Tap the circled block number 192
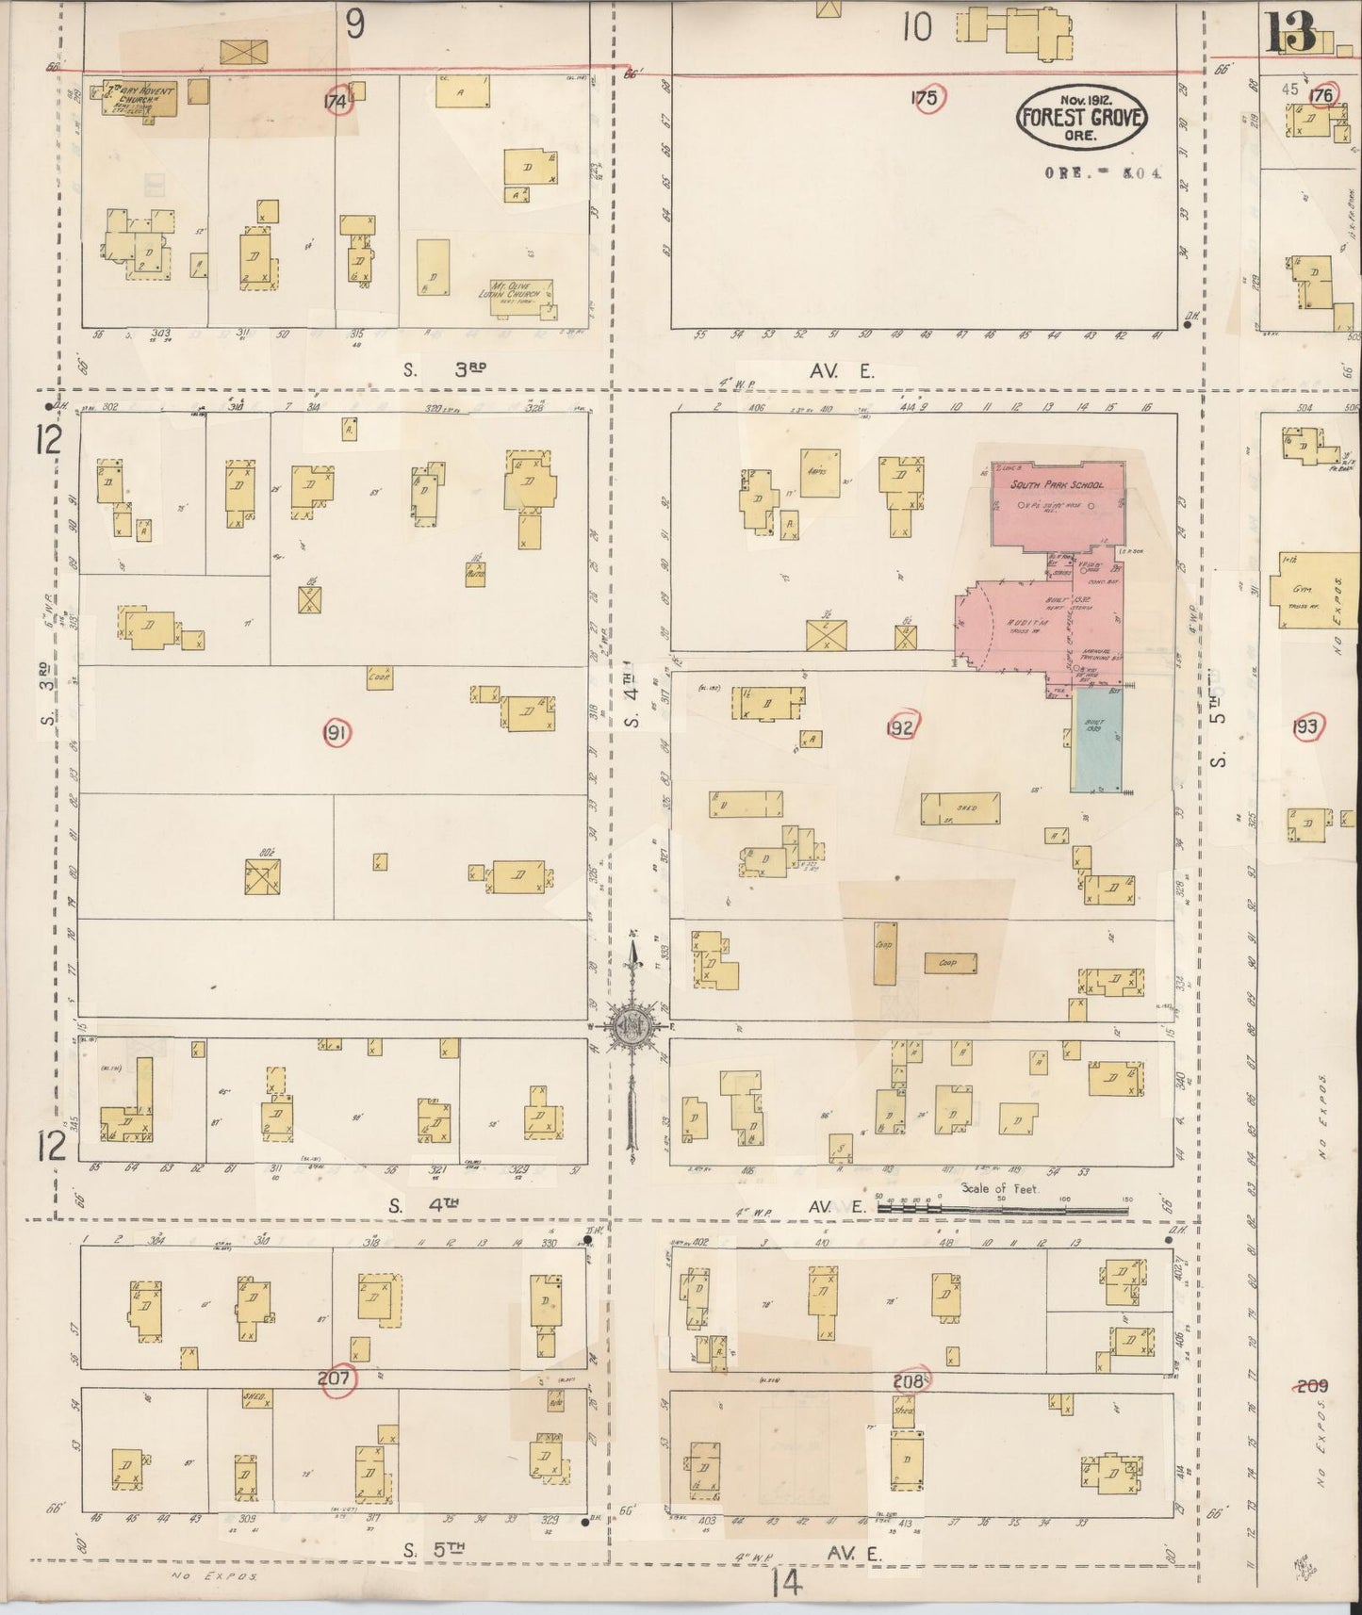tap(902, 726)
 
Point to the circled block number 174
tap(336, 101)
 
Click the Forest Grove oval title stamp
tap(1080, 118)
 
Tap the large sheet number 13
tap(1290, 35)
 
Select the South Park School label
tap(1056, 484)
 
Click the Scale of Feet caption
tap(1000, 1189)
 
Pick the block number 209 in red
tap(1311, 1385)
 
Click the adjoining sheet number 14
tap(785, 1585)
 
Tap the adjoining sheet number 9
tap(354, 25)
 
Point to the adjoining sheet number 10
tap(916, 28)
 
